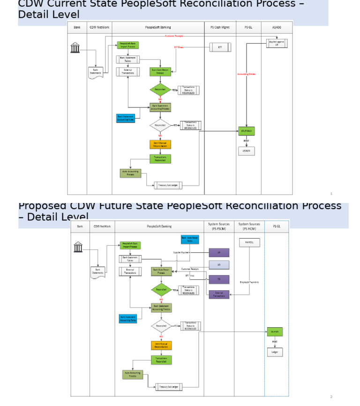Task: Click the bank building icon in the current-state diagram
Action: coord(75,47)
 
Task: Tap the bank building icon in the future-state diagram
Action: coord(78,247)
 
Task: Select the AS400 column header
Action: coord(277,28)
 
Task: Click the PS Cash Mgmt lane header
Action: coord(220,28)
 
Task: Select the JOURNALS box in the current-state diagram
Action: coord(246,132)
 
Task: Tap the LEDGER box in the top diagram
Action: coord(246,151)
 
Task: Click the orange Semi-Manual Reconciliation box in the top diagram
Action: coord(160,144)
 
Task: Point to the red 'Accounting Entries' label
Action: coord(246,74)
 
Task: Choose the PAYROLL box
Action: coord(249,243)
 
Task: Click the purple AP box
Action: coord(219,252)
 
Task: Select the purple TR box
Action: coord(219,279)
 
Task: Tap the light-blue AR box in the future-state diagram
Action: coord(219,265)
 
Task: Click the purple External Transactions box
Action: coord(219,294)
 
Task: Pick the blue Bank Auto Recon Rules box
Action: coord(190,240)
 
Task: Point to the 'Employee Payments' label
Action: coord(249,282)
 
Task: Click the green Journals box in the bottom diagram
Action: coord(275,332)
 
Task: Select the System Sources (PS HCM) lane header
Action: coord(249,226)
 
